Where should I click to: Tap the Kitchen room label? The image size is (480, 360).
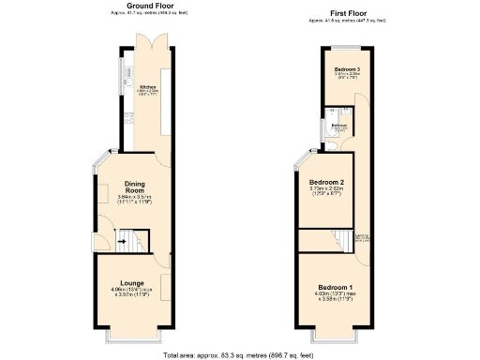(147, 86)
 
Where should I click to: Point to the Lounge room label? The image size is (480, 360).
(131, 283)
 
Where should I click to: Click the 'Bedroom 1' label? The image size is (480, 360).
(335, 286)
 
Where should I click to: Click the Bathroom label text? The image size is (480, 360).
(339, 124)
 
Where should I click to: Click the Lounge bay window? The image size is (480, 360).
(131, 329)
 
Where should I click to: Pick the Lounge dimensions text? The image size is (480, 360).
(131, 293)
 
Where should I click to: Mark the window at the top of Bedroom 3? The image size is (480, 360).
(347, 46)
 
